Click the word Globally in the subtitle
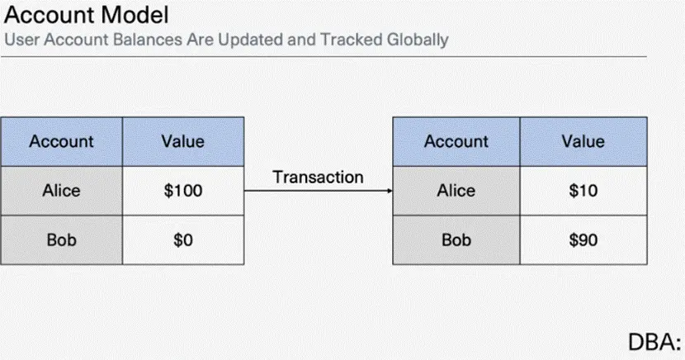[418, 40]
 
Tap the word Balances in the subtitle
[148, 40]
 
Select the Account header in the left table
[62, 141]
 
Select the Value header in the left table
[183, 141]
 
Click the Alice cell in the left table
[62, 191]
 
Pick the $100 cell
[183, 191]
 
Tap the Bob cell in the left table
[62, 239]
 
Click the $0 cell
[183, 239]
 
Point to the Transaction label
[318, 177]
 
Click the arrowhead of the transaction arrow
[390, 191]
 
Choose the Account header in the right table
[456, 141]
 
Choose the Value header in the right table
[583, 141]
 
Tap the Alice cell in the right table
[456, 191]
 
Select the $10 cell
[583, 191]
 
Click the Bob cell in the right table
[456, 239]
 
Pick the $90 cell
[583, 239]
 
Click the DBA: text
[654, 342]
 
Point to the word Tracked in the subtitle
[352, 40]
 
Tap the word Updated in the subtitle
[250, 40]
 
